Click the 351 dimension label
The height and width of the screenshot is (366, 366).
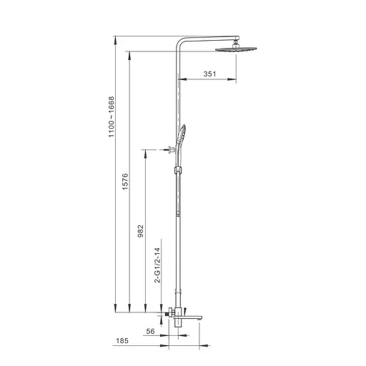click(209, 74)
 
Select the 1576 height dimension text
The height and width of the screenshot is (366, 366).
click(125, 182)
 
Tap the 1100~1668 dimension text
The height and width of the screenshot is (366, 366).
click(112, 117)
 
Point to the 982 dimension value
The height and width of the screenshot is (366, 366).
click(141, 231)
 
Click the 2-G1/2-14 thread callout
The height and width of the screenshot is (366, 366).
click(157, 265)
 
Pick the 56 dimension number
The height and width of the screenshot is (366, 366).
click(150, 331)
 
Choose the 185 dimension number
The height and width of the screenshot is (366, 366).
click(122, 341)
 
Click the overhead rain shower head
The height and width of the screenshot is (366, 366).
click(236, 49)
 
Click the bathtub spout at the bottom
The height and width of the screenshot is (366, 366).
click(188, 317)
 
